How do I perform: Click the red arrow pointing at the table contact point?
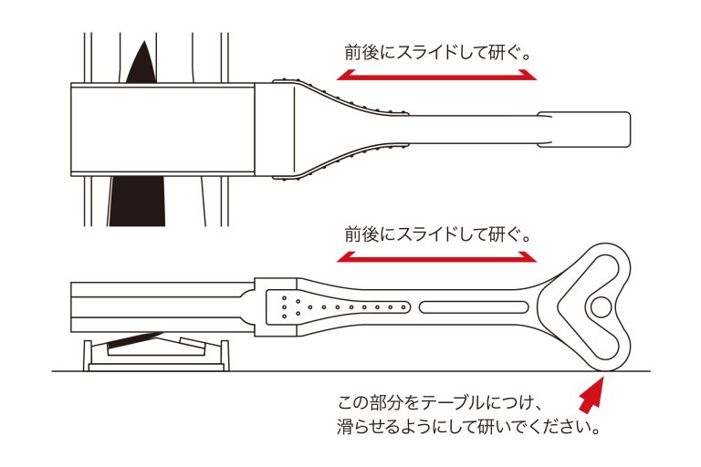point(591,393)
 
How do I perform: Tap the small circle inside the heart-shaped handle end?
point(600,307)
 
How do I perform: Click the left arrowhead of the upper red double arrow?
point(345,75)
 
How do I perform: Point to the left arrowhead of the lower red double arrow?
point(345,257)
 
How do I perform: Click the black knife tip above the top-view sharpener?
point(142,62)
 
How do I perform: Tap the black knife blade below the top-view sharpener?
point(137,201)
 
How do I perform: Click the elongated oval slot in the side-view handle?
point(474,307)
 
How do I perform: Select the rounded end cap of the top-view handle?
point(584,130)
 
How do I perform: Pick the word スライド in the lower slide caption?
point(426,234)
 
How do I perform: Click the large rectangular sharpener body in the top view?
point(162,130)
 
